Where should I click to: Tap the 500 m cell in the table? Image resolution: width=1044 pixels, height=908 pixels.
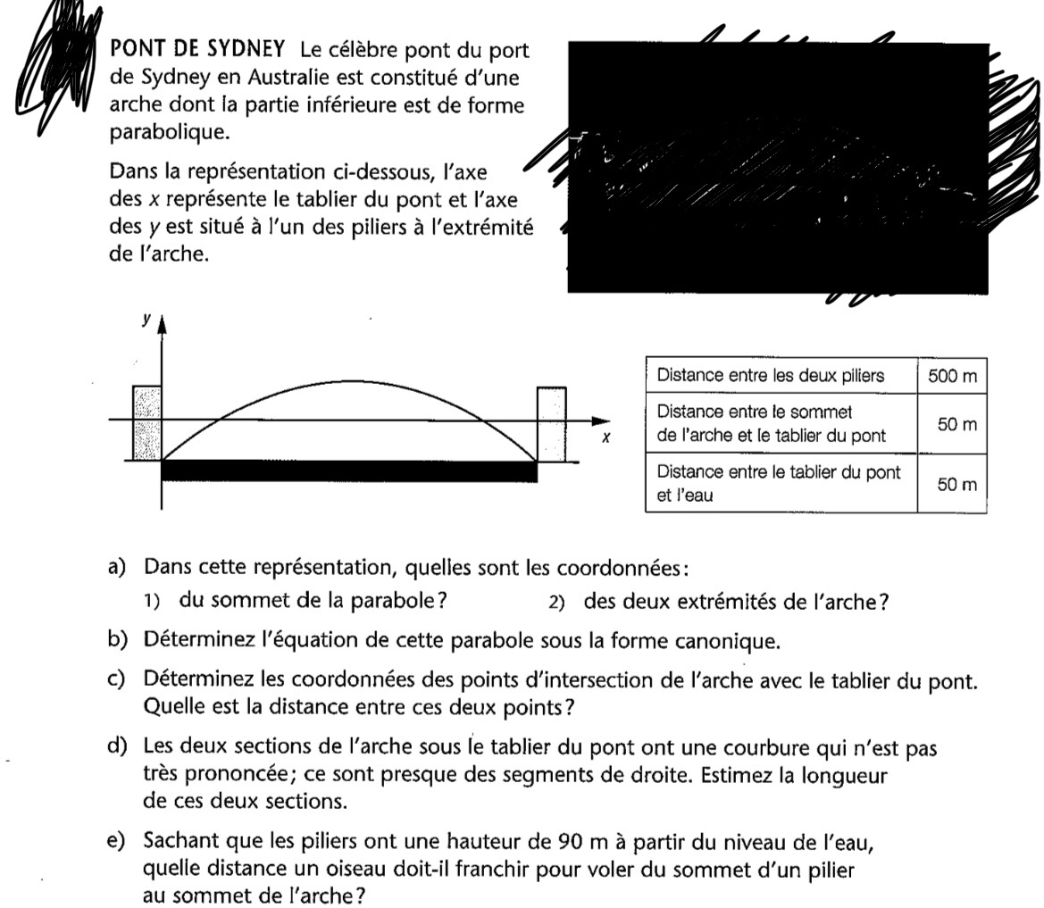(952, 376)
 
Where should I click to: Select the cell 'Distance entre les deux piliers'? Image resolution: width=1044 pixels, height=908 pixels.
(770, 376)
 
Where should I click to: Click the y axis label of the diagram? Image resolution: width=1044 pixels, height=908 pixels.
(146, 318)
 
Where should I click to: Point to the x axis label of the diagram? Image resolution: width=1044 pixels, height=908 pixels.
(606, 437)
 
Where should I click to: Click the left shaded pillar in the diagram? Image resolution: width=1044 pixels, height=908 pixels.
(146, 423)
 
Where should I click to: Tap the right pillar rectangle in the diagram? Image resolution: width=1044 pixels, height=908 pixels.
(551, 424)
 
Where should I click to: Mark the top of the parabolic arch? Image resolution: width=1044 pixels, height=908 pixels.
(350, 381)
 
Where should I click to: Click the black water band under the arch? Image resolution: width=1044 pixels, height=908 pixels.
(348, 471)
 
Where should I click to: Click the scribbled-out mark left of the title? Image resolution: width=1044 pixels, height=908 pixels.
(55, 67)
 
